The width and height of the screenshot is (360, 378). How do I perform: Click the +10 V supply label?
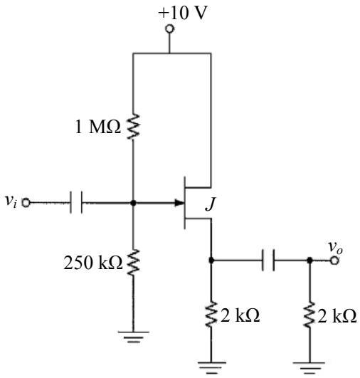pyautogui.click(x=183, y=13)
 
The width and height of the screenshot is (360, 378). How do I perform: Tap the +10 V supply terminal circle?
pyautogui.click(x=169, y=28)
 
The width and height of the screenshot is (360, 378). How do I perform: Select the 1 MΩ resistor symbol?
pyautogui.click(x=133, y=126)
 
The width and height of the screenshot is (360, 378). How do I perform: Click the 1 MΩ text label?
pyautogui.click(x=97, y=127)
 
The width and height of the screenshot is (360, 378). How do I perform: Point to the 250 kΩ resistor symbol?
pyautogui.click(x=133, y=262)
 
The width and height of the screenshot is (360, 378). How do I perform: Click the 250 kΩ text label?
pyautogui.click(x=93, y=263)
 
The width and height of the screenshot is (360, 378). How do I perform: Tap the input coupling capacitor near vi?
pyautogui.click(x=76, y=202)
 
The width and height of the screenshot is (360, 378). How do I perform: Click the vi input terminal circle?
pyautogui.click(x=26, y=202)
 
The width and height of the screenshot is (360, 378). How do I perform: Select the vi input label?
pyautogui.click(x=11, y=201)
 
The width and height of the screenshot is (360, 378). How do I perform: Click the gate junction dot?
pyautogui.click(x=133, y=203)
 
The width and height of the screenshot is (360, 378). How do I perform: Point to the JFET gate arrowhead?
pyautogui.click(x=179, y=203)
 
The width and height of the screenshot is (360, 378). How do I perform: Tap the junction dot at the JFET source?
pyautogui.click(x=211, y=260)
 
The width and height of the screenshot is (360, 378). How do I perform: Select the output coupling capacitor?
pyautogui.click(x=268, y=261)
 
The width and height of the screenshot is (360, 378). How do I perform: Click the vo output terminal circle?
pyautogui.click(x=334, y=261)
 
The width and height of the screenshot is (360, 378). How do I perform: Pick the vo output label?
pyautogui.click(x=335, y=248)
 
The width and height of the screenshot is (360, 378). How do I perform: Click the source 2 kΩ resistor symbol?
pyautogui.click(x=211, y=314)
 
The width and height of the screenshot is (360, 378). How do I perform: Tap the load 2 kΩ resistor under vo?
pyautogui.click(x=310, y=314)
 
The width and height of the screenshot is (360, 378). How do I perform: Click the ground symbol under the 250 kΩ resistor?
pyautogui.click(x=133, y=337)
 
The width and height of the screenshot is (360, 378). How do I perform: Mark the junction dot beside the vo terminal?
pyautogui.click(x=310, y=261)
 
